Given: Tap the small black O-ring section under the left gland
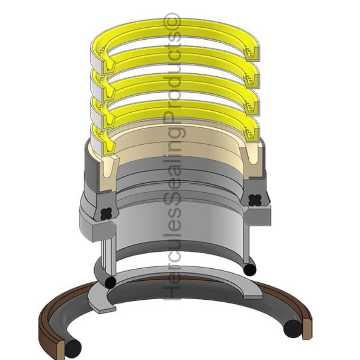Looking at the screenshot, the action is [110, 282].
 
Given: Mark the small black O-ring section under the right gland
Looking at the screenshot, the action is [250, 270].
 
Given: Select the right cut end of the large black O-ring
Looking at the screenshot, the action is [292, 329].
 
